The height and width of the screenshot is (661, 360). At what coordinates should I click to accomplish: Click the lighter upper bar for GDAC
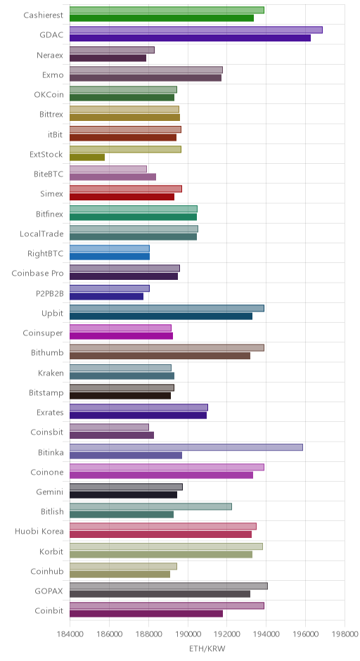(196, 30)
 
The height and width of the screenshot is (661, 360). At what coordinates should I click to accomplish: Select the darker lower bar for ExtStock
(87, 158)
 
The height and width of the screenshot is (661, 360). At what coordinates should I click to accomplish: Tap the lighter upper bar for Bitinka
(186, 447)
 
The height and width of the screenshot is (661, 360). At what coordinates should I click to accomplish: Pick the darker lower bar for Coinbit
(146, 614)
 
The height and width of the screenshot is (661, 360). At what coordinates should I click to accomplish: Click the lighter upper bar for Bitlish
(150, 507)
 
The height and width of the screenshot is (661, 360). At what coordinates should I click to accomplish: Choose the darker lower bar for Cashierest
(162, 18)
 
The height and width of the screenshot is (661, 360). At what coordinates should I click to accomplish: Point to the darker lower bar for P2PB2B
(107, 296)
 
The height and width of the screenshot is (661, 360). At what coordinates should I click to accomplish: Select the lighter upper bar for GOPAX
(169, 586)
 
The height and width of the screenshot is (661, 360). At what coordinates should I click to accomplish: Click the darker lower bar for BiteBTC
(112, 177)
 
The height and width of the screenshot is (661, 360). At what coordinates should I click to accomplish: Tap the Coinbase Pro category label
(37, 273)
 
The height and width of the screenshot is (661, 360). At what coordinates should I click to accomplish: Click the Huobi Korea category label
(39, 531)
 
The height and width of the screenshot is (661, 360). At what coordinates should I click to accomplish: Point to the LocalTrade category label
(41, 233)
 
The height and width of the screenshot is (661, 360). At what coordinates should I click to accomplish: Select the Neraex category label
(50, 55)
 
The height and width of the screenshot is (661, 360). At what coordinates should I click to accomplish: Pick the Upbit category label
(52, 313)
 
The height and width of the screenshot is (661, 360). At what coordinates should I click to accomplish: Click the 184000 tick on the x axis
(70, 634)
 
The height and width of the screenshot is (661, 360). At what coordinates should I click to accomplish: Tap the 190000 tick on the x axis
(188, 634)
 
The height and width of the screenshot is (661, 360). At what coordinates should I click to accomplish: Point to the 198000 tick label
(345, 634)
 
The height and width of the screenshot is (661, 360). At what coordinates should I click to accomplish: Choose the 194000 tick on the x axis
(266, 634)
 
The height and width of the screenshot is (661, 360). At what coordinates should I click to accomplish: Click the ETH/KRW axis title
(207, 648)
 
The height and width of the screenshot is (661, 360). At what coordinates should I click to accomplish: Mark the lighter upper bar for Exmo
(146, 70)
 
